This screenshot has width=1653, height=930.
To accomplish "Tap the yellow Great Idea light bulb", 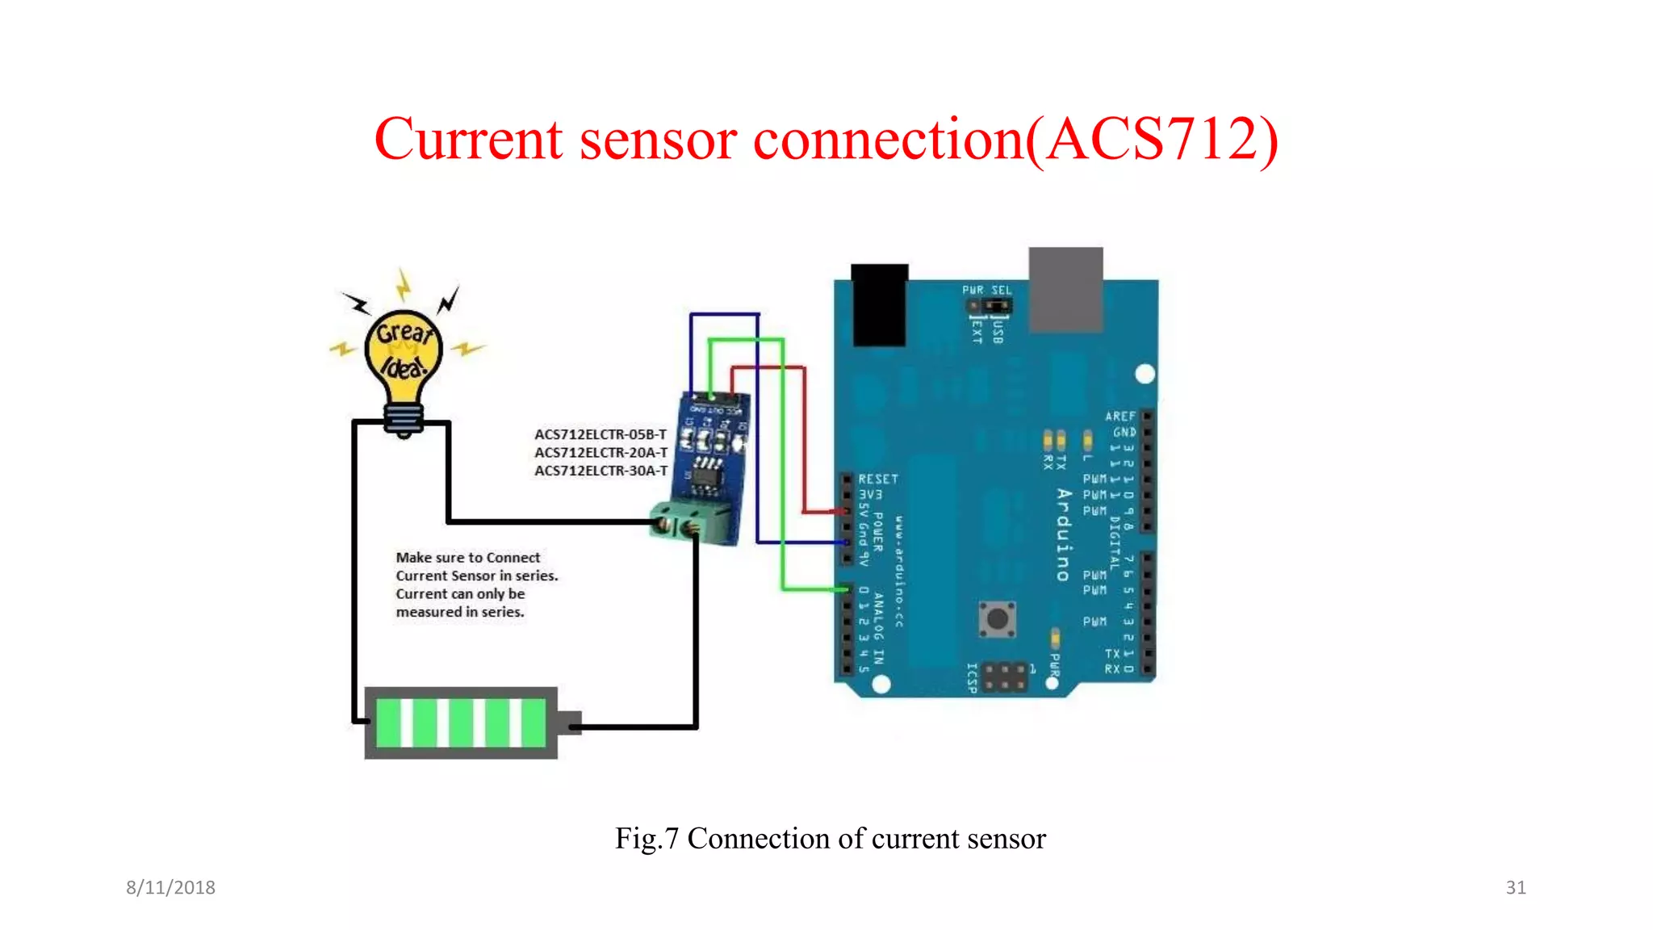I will pyautogui.click(x=404, y=355).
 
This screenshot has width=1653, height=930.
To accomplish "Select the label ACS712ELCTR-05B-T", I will pyautogui.click(x=601, y=434).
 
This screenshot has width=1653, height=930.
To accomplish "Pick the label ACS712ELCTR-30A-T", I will pyautogui.click(x=601, y=471).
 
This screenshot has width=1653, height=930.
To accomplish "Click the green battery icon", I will pyautogui.click(x=461, y=723).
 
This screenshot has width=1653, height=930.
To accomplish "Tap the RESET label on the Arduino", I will pyautogui.click(x=878, y=479).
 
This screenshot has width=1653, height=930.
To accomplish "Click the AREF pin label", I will pyautogui.click(x=1119, y=416).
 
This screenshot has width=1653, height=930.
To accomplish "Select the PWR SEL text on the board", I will pyautogui.click(x=986, y=290).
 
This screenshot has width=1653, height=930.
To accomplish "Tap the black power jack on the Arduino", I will pyautogui.click(x=879, y=304).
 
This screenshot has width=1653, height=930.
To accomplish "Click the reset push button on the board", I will pyautogui.click(x=998, y=618).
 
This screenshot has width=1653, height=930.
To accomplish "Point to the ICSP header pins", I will pyautogui.click(x=1005, y=677).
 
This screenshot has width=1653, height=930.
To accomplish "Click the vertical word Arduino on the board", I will pyautogui.click(x=1064, y=534).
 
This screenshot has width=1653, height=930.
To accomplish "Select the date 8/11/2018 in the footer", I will pyautogui.click(x=170, y=887).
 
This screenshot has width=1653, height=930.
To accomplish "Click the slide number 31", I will pyautogui.click(x=1515, y=887).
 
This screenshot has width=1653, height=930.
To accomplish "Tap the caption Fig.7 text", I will pyautogui.click(x=646, y=839).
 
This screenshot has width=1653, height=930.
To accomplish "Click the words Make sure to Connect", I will pyautogui.click(x=467, y=558).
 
